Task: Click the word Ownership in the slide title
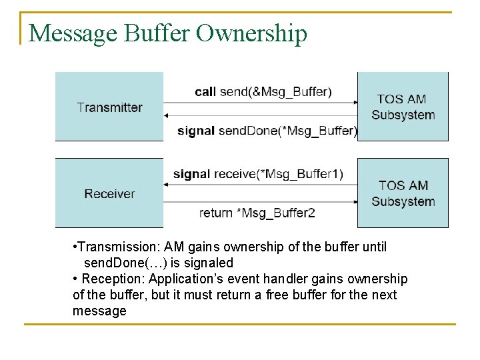coord(251,33)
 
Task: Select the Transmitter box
coord(109,107)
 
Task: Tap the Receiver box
coord(109,193)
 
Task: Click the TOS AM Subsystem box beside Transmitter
coord(403,107)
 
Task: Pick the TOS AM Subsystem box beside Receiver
coord(403,193)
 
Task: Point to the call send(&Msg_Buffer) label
coord(263,91)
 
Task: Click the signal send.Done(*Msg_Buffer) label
coord(267,131)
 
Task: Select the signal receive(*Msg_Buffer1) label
coord(258,174)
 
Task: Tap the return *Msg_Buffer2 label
coord(257,213)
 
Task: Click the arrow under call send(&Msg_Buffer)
coord(261,103)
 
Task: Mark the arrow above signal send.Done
coord(261,116)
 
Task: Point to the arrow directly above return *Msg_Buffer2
coord(261,201)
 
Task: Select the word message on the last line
coord(99,311)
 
